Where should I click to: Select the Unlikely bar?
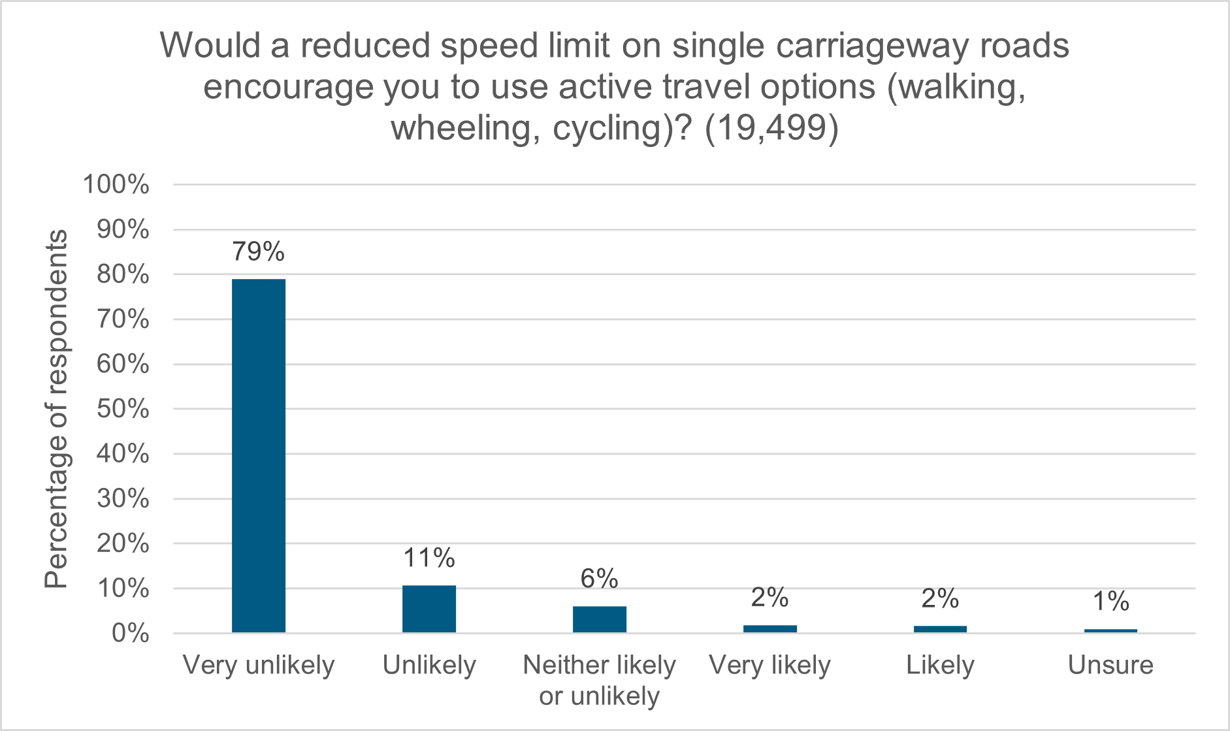pos(429,609)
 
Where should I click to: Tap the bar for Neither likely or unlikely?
pos(600,619)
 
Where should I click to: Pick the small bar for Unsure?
pos(1110,630)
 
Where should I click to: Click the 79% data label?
pos(259,252)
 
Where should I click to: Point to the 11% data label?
pos(429,559)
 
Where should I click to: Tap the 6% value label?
pos(599,579)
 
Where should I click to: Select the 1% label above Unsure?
pos(1110,602)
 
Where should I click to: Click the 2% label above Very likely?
pos(769,598)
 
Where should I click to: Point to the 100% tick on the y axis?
pos(116,185)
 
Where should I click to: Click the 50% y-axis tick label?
pos(123,410)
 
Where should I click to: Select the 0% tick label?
pos(130,634)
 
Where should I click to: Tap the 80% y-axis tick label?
pos(123,275)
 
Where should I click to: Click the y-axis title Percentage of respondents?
pos(56,409)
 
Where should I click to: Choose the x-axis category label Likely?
pos(940,666)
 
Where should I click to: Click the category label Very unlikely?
pos(259,666)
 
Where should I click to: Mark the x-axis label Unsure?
pos(1110,666)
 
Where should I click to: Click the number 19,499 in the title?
pos(771,128)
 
